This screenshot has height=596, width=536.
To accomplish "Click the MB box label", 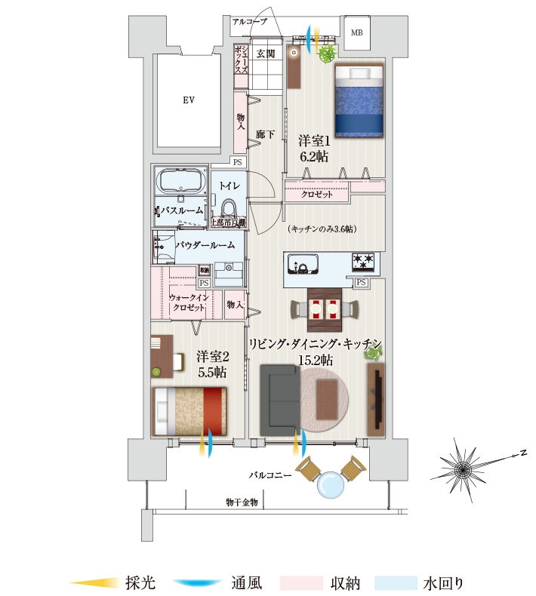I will click(x=356, y=32).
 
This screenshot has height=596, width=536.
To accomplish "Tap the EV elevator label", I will click(x=187, y=100).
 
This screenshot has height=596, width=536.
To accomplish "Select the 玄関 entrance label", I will click(x=264, y=54).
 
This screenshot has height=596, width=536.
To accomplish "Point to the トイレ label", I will click(x=229, y=185).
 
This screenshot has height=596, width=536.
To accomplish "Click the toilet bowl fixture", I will click(x=229, y=207).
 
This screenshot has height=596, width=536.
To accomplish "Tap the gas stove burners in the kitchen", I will click(x=362, y=263).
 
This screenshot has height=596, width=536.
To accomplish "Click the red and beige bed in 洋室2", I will click(x=189, y=410).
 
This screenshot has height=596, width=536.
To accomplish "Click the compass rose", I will click(x=461, y=469).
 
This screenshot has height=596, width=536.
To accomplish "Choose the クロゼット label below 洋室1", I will click(x=316, y=195).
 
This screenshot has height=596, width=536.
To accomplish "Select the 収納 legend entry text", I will click(x=345, y=582).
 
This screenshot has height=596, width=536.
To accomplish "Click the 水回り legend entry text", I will click(x=443, y=582).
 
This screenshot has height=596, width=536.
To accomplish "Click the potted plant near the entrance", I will click(x=327, y=53).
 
